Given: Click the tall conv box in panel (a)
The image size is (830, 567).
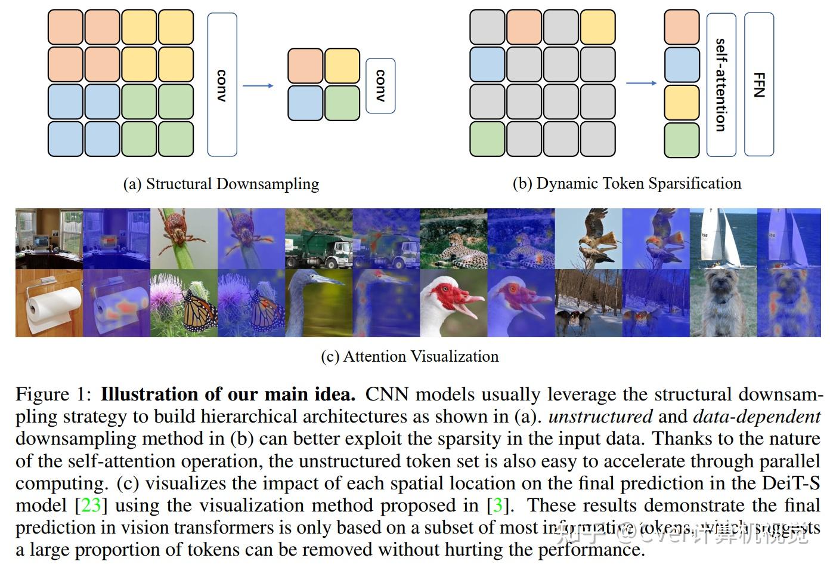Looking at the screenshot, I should pos(222,85).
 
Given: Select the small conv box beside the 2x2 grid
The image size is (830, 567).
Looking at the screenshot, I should pos(380,85).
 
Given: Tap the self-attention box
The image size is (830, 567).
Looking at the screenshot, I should pos(721,84).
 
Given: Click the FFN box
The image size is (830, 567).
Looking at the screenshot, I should pos(759,84).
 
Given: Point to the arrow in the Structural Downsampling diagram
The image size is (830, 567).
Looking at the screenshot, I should pos(258,85).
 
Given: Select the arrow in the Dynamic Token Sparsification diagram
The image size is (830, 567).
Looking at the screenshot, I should pos(641,83).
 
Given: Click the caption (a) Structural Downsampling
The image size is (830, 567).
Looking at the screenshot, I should pos(221,184).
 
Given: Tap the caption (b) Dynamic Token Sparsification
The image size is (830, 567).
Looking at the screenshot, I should pos(627,183).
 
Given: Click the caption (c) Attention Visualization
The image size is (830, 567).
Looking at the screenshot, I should pos(410,356).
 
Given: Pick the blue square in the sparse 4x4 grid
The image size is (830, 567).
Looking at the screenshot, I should pos(487,64).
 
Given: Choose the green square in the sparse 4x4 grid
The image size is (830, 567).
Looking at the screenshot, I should pos(487,139).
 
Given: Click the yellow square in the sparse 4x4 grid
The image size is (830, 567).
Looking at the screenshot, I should pos(597,27).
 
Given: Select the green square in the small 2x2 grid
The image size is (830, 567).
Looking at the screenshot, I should pos(342,103).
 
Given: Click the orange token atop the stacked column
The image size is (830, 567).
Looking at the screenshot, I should pos(682,27).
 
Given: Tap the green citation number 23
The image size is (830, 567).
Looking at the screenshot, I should pos(91,506).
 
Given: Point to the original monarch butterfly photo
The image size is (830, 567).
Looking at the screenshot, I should pos(184,303).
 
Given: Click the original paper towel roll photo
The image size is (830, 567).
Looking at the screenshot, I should pos(49,303).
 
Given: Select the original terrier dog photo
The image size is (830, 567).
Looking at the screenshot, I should pos(723,303).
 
